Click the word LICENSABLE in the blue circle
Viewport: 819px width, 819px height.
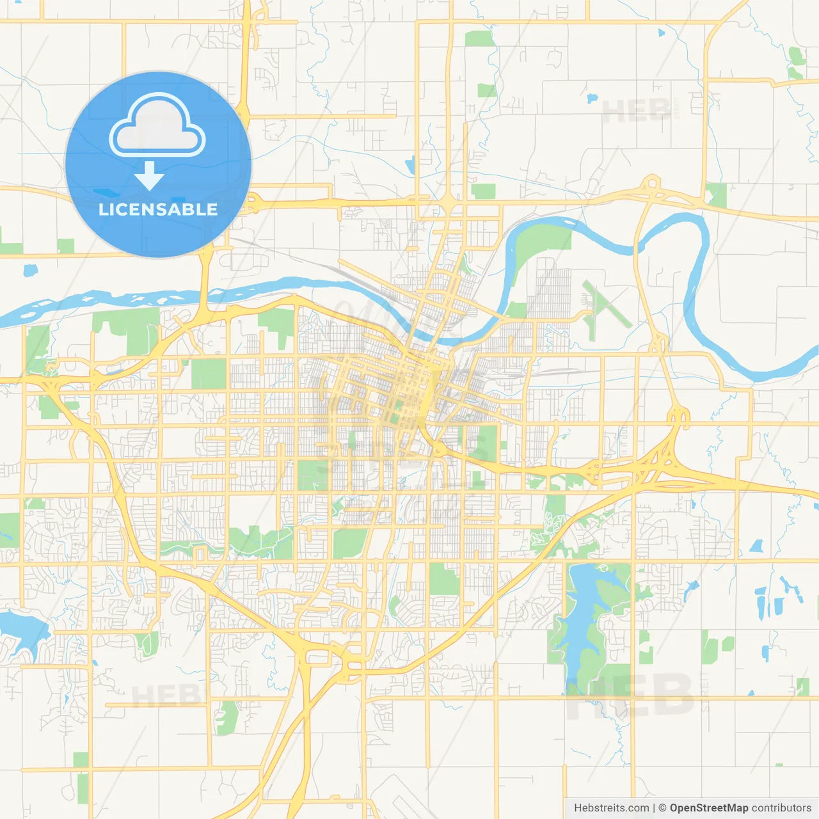158,209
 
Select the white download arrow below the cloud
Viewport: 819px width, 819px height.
149,177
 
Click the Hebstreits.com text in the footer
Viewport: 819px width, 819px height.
611,808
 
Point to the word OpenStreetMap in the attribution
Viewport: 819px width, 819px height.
709,808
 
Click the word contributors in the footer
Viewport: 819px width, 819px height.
781,808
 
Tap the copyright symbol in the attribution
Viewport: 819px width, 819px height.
662,808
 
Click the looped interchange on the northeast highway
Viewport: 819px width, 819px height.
651,186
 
